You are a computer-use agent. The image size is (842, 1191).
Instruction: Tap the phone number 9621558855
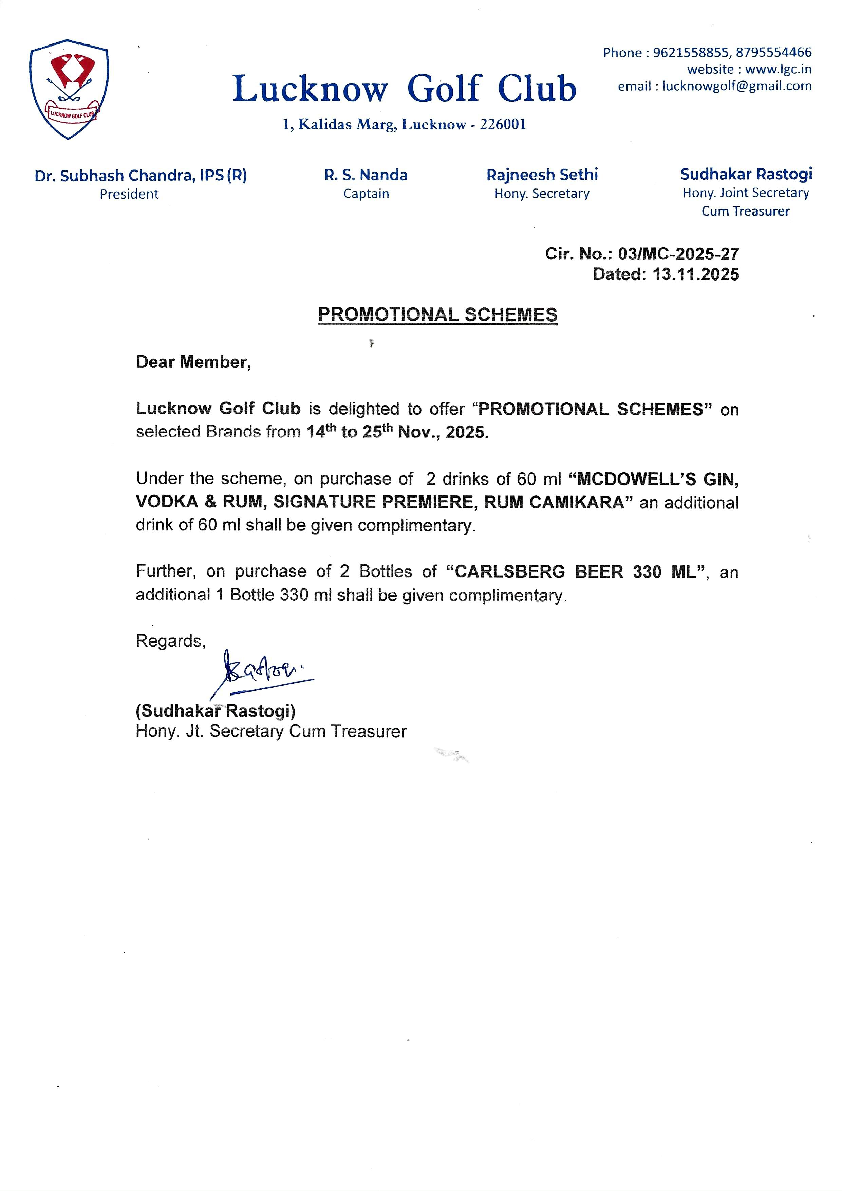point(691,52)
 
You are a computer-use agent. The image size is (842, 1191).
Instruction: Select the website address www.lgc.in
point(778,69)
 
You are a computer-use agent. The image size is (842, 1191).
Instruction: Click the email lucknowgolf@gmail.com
point(737,86)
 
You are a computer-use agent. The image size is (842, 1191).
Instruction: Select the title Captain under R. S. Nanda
point(366,194)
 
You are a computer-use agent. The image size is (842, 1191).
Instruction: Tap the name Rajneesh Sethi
point(542,175)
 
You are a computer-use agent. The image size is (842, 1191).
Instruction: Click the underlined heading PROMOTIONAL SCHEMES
point(437,314)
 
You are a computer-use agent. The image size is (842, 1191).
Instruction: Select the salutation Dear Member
point(193,362)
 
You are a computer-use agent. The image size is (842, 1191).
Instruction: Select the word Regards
point(170,641)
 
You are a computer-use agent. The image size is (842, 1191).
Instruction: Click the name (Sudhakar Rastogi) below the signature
point(215,711)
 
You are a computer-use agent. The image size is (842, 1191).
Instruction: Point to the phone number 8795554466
point(773,52)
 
